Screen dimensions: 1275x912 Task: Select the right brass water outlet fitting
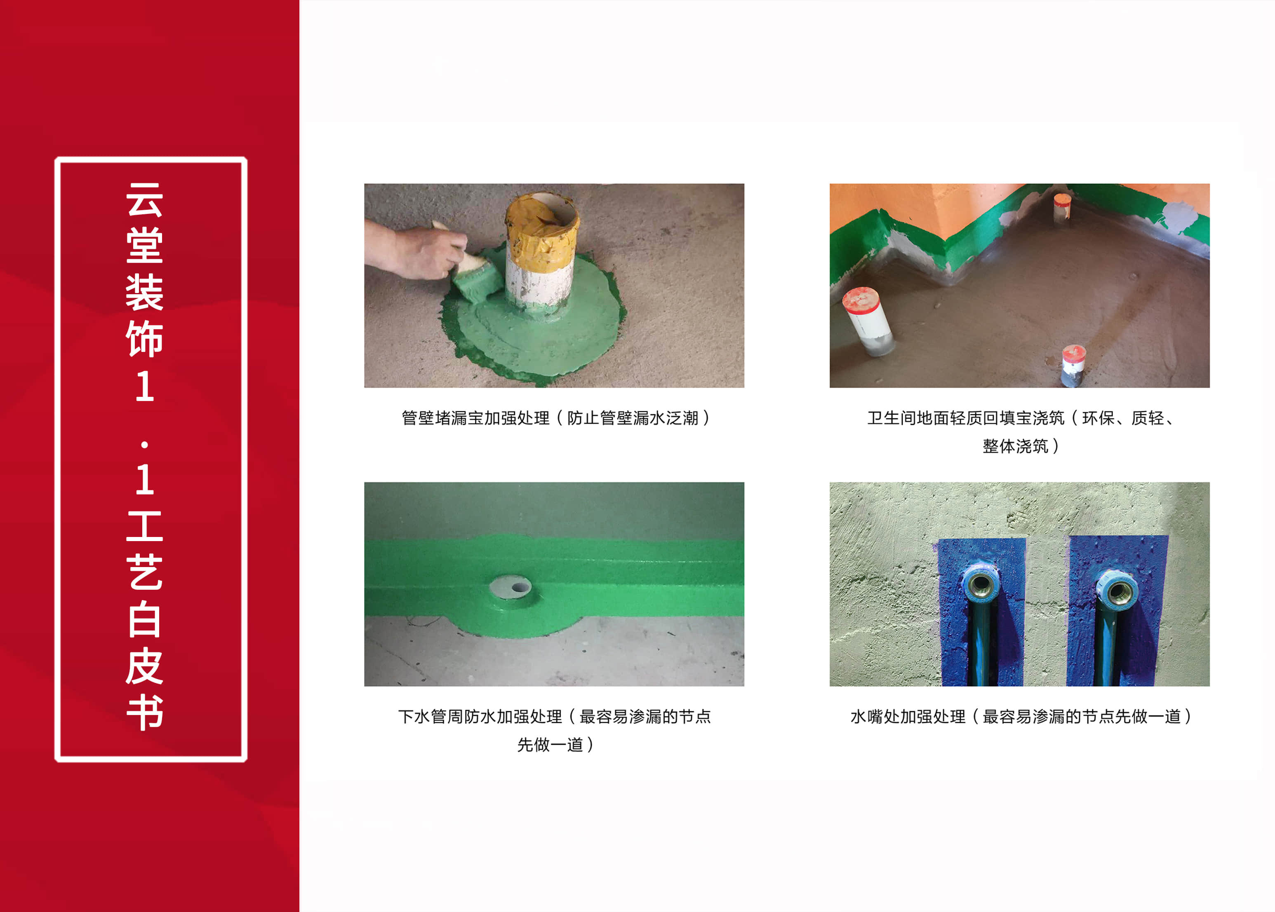coord(1117,590)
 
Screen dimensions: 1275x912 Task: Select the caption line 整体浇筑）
coord(1021,446)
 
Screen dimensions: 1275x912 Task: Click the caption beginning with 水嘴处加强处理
coord(1021,717)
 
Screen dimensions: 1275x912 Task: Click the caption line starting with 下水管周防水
coord(555,717)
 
